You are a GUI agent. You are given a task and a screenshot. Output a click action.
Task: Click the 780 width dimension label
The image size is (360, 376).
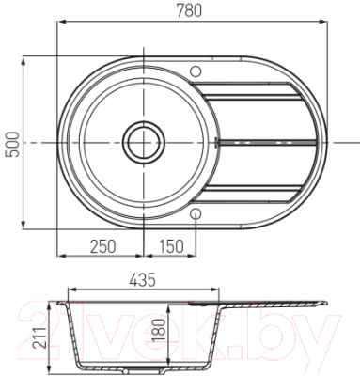pos(189,10)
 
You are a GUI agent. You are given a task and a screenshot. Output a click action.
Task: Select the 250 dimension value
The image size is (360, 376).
pos(103,246)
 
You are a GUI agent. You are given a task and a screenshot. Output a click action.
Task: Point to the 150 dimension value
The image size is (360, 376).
pos(171,246)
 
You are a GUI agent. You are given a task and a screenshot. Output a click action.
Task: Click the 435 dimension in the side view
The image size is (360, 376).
pos(142,280)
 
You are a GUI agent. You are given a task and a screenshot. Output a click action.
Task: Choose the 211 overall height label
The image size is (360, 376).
pos(40,337)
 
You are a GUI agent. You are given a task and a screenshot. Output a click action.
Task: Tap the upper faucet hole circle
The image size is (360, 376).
pos(196,71)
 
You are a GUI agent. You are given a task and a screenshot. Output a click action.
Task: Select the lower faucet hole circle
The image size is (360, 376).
pos(196,213)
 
